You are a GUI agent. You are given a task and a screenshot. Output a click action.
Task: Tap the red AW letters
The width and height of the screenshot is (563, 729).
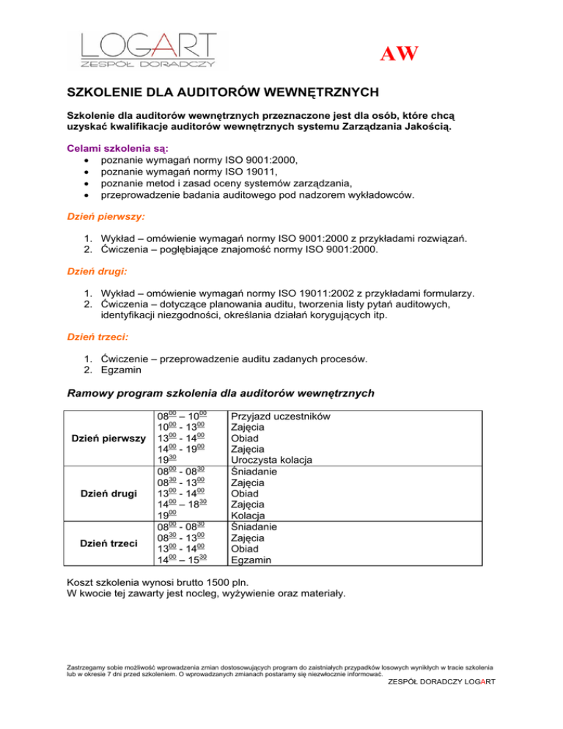(400, 54)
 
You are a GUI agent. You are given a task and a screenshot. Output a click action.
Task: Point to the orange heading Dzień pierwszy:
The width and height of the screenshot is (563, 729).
(106, 218)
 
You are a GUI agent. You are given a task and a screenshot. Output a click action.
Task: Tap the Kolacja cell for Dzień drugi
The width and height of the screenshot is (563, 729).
(250, 516)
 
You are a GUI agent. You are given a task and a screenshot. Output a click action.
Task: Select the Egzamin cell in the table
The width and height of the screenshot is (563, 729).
(251, 559)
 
